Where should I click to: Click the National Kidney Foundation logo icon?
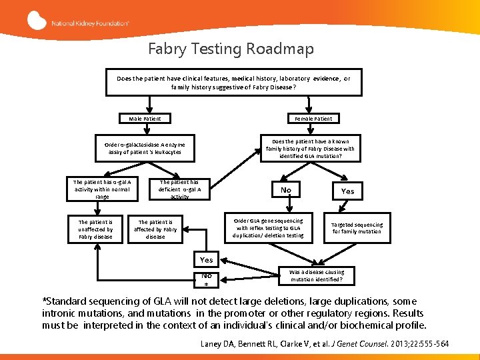click(37, 20)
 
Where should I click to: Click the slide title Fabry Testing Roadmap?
click(231, 49)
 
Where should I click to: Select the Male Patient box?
click(145, 119)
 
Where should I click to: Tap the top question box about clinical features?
click(233, 83)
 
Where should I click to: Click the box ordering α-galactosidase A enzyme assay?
click(145, 148)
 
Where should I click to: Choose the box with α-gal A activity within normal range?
click(102, 189)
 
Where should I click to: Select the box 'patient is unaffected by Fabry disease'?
click(95, 229)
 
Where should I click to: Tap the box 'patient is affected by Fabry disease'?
click(155, 229)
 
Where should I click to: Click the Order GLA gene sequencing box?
click(268, 228)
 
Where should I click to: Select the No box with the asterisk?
click(207, 279)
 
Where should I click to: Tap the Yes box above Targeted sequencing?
click(347, 191)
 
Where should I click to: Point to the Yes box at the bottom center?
click(207, 260)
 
